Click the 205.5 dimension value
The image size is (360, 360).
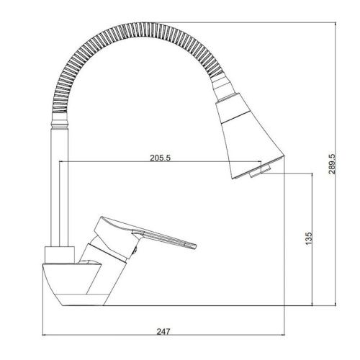(x=160, y=158)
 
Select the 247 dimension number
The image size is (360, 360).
(x=163, y=331)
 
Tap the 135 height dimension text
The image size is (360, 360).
(x=309, y=238)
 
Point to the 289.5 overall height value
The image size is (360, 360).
(x=332, y=163)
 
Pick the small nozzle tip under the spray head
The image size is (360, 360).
(x=260, y=171)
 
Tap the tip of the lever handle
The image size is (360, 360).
(x=195, y=247)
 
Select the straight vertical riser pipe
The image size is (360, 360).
(x=60, y=187)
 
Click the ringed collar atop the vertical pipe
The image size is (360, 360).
(x=60, y=121)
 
